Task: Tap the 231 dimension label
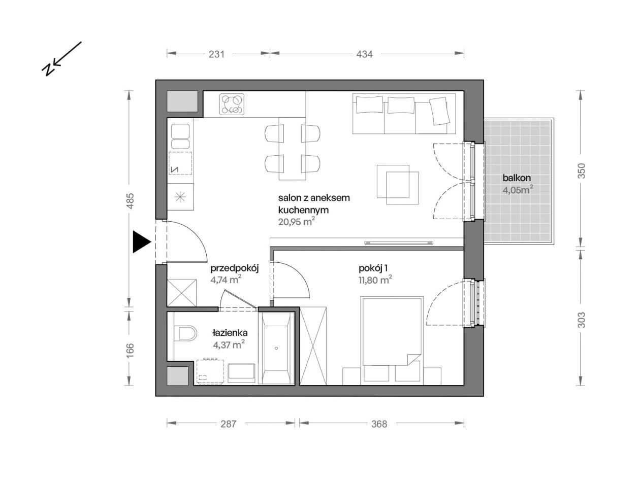(x=216, y=54)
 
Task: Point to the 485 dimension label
(x=130, y=200)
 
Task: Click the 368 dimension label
(x=379, y=424)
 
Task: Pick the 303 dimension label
(x=581, y=320)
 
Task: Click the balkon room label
(x=517, y=178)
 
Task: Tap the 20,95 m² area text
(x=296, y=222)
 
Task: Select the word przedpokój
(x=235, y=268)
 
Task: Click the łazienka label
(x=230, y=332)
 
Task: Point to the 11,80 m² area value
(x=375, y=280)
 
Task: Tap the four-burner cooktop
(x=232, y=104)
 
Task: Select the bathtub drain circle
(x=276, y=348)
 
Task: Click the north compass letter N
(x=48, y=69)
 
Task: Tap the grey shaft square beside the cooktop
(x=182, y=101)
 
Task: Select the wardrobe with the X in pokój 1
(x=313, y=345)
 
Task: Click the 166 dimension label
(x=130, y=350)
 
